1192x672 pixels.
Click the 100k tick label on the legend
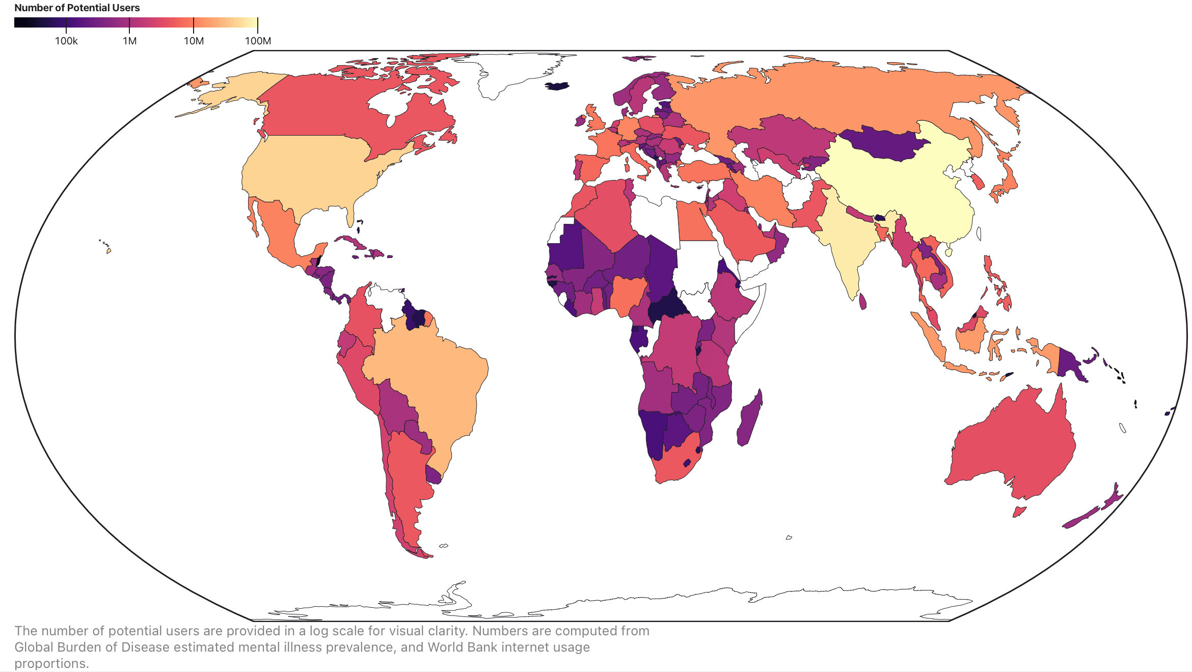66,41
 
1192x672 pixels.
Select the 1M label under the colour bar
129,41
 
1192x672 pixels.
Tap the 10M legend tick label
194,41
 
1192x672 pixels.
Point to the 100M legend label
258,41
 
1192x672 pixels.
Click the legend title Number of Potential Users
77,8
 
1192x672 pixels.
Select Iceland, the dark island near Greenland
558,86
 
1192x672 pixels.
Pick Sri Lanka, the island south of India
862,301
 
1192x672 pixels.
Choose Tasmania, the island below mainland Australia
1019,511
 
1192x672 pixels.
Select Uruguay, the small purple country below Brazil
434,475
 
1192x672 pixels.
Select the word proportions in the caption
51,663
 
